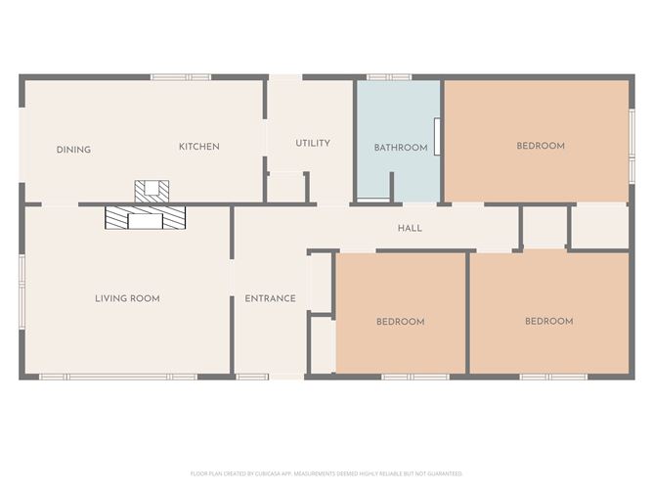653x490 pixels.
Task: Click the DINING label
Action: pyautogui.click(x=73, y=150)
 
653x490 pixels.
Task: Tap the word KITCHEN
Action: pyautogui.click(x=198, y=147)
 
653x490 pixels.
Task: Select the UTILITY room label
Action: pyautogui.click(x=313, y=143)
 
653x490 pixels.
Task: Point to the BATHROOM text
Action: pyautogui.click(x=401, y=148)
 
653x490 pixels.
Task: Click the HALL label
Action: pyautogui.click(x=410, y=228)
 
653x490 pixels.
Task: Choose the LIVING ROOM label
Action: pyautogui.click(x=127, y=298)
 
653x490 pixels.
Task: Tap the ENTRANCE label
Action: pyautogui.click(x=270, y=298)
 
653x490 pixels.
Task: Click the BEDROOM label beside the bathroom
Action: pyautogui.click(x=541, y=146)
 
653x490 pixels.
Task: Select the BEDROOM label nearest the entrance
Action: pyautogui.click(x=401, y=322)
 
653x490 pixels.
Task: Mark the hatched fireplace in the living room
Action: pyautogui.click(x=145, y=217)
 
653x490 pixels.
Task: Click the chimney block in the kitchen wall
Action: pyautogui.click(x=152, y=190)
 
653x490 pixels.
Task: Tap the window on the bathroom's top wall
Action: pyautogui.click(x=381, y=77)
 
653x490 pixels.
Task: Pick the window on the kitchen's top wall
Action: pyautogui.click(x=180, y=77)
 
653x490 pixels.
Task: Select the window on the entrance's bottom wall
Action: pyautogui.click(x=252, y=377)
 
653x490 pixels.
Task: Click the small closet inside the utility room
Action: pyautogui.click(x=286, y=187)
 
